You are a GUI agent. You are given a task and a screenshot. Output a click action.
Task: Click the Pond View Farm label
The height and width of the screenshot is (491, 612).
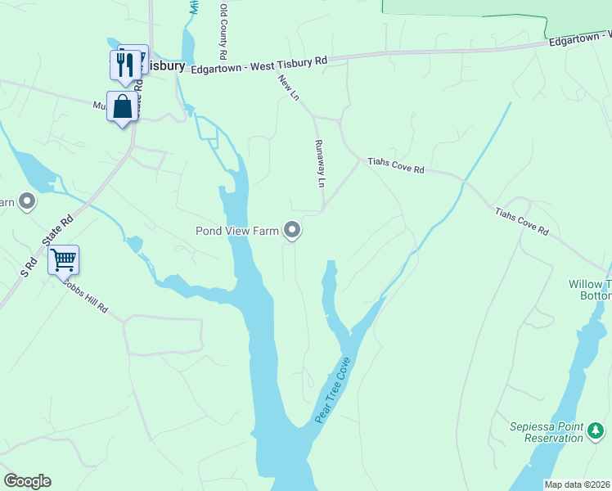237,231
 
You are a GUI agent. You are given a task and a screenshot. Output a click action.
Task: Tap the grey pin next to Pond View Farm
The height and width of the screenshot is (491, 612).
293,231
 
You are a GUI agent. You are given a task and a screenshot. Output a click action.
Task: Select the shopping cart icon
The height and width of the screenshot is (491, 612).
63,260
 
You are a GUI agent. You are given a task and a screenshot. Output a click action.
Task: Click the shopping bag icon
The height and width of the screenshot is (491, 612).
122,106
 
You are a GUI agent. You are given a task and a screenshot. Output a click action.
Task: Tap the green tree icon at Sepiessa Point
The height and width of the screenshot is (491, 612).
597,430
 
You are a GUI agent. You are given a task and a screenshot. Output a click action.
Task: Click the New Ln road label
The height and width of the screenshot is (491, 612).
289,88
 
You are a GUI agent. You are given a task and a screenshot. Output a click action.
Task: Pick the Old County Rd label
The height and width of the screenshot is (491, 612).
223,26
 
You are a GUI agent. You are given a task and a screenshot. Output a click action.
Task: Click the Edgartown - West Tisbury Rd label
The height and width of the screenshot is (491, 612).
259,65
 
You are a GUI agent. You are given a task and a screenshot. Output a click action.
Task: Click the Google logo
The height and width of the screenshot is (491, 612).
27,481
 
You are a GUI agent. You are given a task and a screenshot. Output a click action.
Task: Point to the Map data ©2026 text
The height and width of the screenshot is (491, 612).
577,484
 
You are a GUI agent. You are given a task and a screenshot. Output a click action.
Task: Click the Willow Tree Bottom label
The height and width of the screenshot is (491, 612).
590,290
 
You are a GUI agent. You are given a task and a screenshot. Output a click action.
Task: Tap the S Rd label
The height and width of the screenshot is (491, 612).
29,267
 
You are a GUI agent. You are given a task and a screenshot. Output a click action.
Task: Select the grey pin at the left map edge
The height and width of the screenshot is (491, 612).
26,200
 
